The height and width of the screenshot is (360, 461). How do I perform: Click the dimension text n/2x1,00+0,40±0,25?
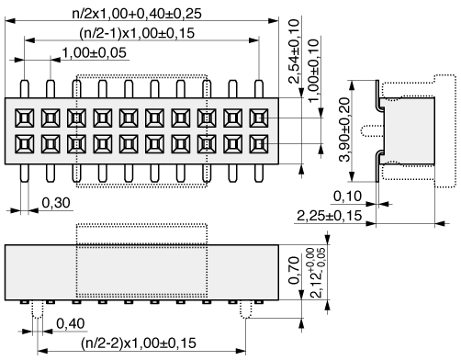137,14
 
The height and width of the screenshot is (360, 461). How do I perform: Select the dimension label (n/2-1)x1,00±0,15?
137,33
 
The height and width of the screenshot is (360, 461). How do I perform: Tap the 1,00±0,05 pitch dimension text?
95,52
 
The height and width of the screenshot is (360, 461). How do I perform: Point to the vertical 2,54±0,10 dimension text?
294,51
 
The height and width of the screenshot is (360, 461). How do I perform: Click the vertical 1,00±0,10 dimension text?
313,71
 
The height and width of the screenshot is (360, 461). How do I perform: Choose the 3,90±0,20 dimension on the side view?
344,129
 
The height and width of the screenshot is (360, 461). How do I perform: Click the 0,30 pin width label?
56,203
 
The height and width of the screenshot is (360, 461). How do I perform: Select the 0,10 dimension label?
347,196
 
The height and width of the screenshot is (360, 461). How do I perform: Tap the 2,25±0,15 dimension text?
330,216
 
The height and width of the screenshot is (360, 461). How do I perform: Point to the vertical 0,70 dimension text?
294,270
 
